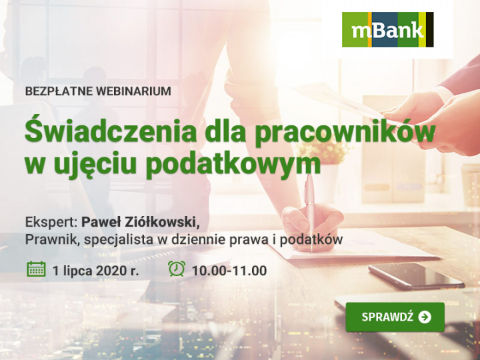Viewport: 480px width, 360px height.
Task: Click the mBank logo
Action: tap(387, 29)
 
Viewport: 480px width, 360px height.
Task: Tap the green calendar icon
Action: tap(37, 269)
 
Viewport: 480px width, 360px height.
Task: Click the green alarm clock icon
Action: tap(177, 269)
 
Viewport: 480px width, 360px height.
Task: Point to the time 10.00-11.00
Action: tap(229, 271)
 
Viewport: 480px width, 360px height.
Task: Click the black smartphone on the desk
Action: tap(416, 276)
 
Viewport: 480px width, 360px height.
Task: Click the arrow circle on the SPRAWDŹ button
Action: tap(425, 317)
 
